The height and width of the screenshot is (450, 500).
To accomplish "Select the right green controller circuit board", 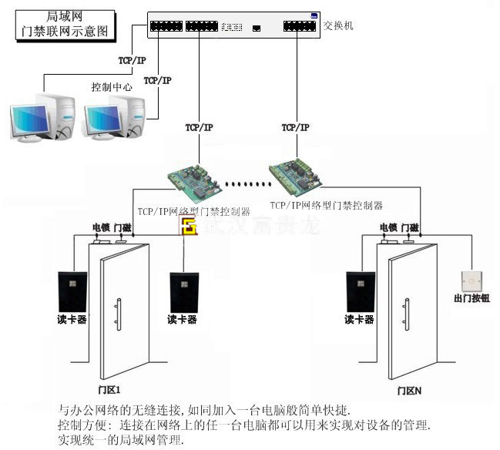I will (x=297, y=176).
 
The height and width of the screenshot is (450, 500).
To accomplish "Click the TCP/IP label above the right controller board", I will (x=295, y=127).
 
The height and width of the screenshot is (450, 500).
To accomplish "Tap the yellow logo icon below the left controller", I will (x=187, y=227).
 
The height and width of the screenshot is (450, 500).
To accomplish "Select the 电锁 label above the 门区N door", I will (x=388, y=227).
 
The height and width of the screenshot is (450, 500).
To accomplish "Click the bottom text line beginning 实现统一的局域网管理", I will (x=121, y=440).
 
